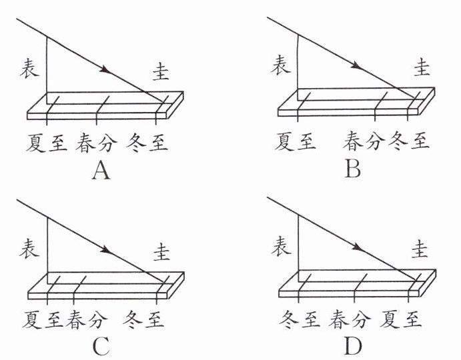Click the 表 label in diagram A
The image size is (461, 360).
coord(31,67)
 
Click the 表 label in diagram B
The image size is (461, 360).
coord(281,66)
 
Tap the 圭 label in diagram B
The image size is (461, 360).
coord(422,67)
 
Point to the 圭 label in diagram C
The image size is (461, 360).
coord(161,252)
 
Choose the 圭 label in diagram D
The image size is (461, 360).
coord(422,249)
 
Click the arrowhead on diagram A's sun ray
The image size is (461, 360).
coord(103,69)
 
